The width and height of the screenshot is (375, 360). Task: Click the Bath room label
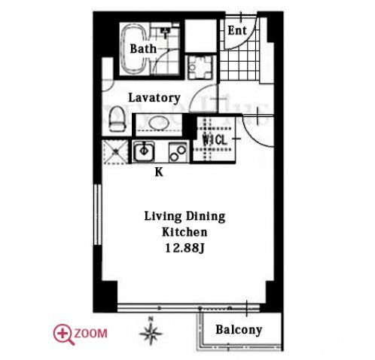(x=143, y=49)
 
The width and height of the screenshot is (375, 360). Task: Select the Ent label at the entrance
(x=237, y=31)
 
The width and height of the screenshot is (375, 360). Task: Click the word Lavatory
(x=154, y=98)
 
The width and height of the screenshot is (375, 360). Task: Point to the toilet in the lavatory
(x=117, y=119)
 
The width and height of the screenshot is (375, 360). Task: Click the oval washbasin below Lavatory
(x=159, y=124)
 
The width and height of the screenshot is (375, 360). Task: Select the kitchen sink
(x=144, y=151)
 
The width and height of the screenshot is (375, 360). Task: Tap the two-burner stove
(x=178, y=152)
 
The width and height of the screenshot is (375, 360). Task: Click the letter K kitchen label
(x=159, y=172)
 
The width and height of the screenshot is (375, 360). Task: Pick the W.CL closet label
(x=215, y=140)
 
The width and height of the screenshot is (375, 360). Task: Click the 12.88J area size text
(x=184, y=249)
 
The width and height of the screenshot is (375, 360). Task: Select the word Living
(x=163, y=217)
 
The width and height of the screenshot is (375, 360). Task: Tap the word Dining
(x=205, y=217)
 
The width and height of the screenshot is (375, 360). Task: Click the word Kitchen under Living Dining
(x=184, y=232)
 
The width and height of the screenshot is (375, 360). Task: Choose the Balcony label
(x=239, y=330)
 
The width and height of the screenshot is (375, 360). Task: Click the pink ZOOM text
(x=91, y=334)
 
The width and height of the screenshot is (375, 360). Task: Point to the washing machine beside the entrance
(x=200, y=67)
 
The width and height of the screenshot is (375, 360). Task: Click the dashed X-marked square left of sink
(x=116, y=151)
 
